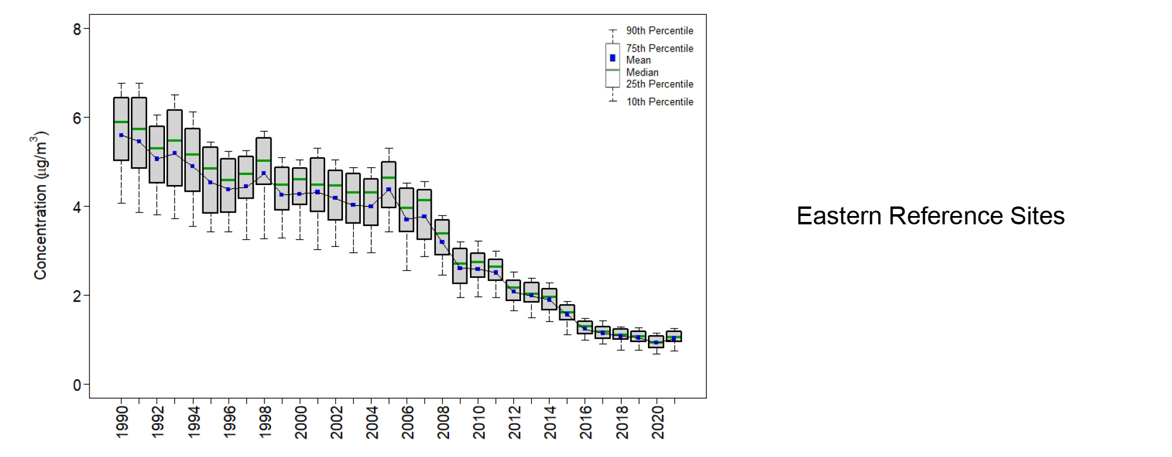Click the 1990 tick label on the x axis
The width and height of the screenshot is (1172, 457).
[x=121, y=422]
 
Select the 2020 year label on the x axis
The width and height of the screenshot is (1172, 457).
[x=657, y=422]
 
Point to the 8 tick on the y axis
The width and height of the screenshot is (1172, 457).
[x=77, y=29]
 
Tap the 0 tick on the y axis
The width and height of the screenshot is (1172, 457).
[x=77, y=385]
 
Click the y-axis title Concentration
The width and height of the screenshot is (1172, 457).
[x=40, y=205]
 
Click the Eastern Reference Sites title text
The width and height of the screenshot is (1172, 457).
[x=930, y=216]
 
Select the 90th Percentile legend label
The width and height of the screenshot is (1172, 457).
[x=659, y=30]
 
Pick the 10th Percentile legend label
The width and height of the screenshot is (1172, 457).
[x=659, y=102]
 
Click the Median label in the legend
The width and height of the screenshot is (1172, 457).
[x=642, y=72]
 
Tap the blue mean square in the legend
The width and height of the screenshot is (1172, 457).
[x=612, y=58]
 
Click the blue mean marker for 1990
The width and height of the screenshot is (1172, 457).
[x=121, y=135]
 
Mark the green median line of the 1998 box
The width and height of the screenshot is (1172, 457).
[x=264, y=161]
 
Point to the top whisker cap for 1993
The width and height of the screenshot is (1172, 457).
[x=174, y=95]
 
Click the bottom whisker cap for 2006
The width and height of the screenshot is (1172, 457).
[x=407, y=270]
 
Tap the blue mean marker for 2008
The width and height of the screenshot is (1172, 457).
[x=442, y=242]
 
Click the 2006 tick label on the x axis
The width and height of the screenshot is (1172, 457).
[x=407, y=422]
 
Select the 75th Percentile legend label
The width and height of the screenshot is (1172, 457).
[x=659, y=48]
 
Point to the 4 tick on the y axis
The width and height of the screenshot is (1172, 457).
[x=77, y=207]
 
